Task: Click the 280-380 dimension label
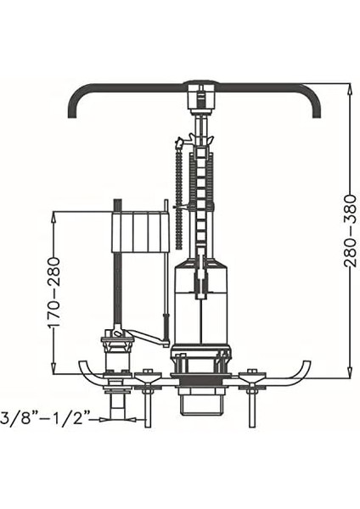click(x=351, y=231)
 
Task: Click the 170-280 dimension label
click(x=54, y=292)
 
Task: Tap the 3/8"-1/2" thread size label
click(x=45, y=418)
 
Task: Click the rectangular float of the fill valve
click(x=140, y=232)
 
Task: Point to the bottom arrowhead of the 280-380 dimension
click(x=350, y=372)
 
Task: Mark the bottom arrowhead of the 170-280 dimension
click(x=54, y=368)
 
